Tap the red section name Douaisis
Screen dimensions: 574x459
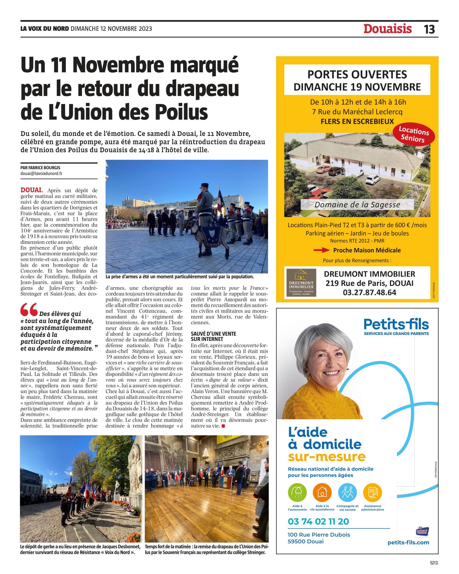coord(387,29)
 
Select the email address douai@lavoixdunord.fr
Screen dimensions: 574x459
coord(42,174)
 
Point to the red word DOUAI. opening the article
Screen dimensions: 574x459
coord(32,190)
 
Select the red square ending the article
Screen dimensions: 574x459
coord(223,426)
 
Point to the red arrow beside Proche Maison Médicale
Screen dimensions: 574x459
coord(322,250)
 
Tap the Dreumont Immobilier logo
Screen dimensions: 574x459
coord(301,283)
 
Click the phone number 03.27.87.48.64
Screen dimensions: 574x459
coord(369,293)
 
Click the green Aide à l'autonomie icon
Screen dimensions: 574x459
coord(297,492)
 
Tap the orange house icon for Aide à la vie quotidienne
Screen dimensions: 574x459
coord(322,492)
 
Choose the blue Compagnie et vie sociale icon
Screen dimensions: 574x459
coord(347,492)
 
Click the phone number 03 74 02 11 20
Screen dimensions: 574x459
coord(318,521)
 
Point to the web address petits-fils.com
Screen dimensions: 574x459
coord(408,543)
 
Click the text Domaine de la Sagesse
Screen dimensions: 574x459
coord(357,205)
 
